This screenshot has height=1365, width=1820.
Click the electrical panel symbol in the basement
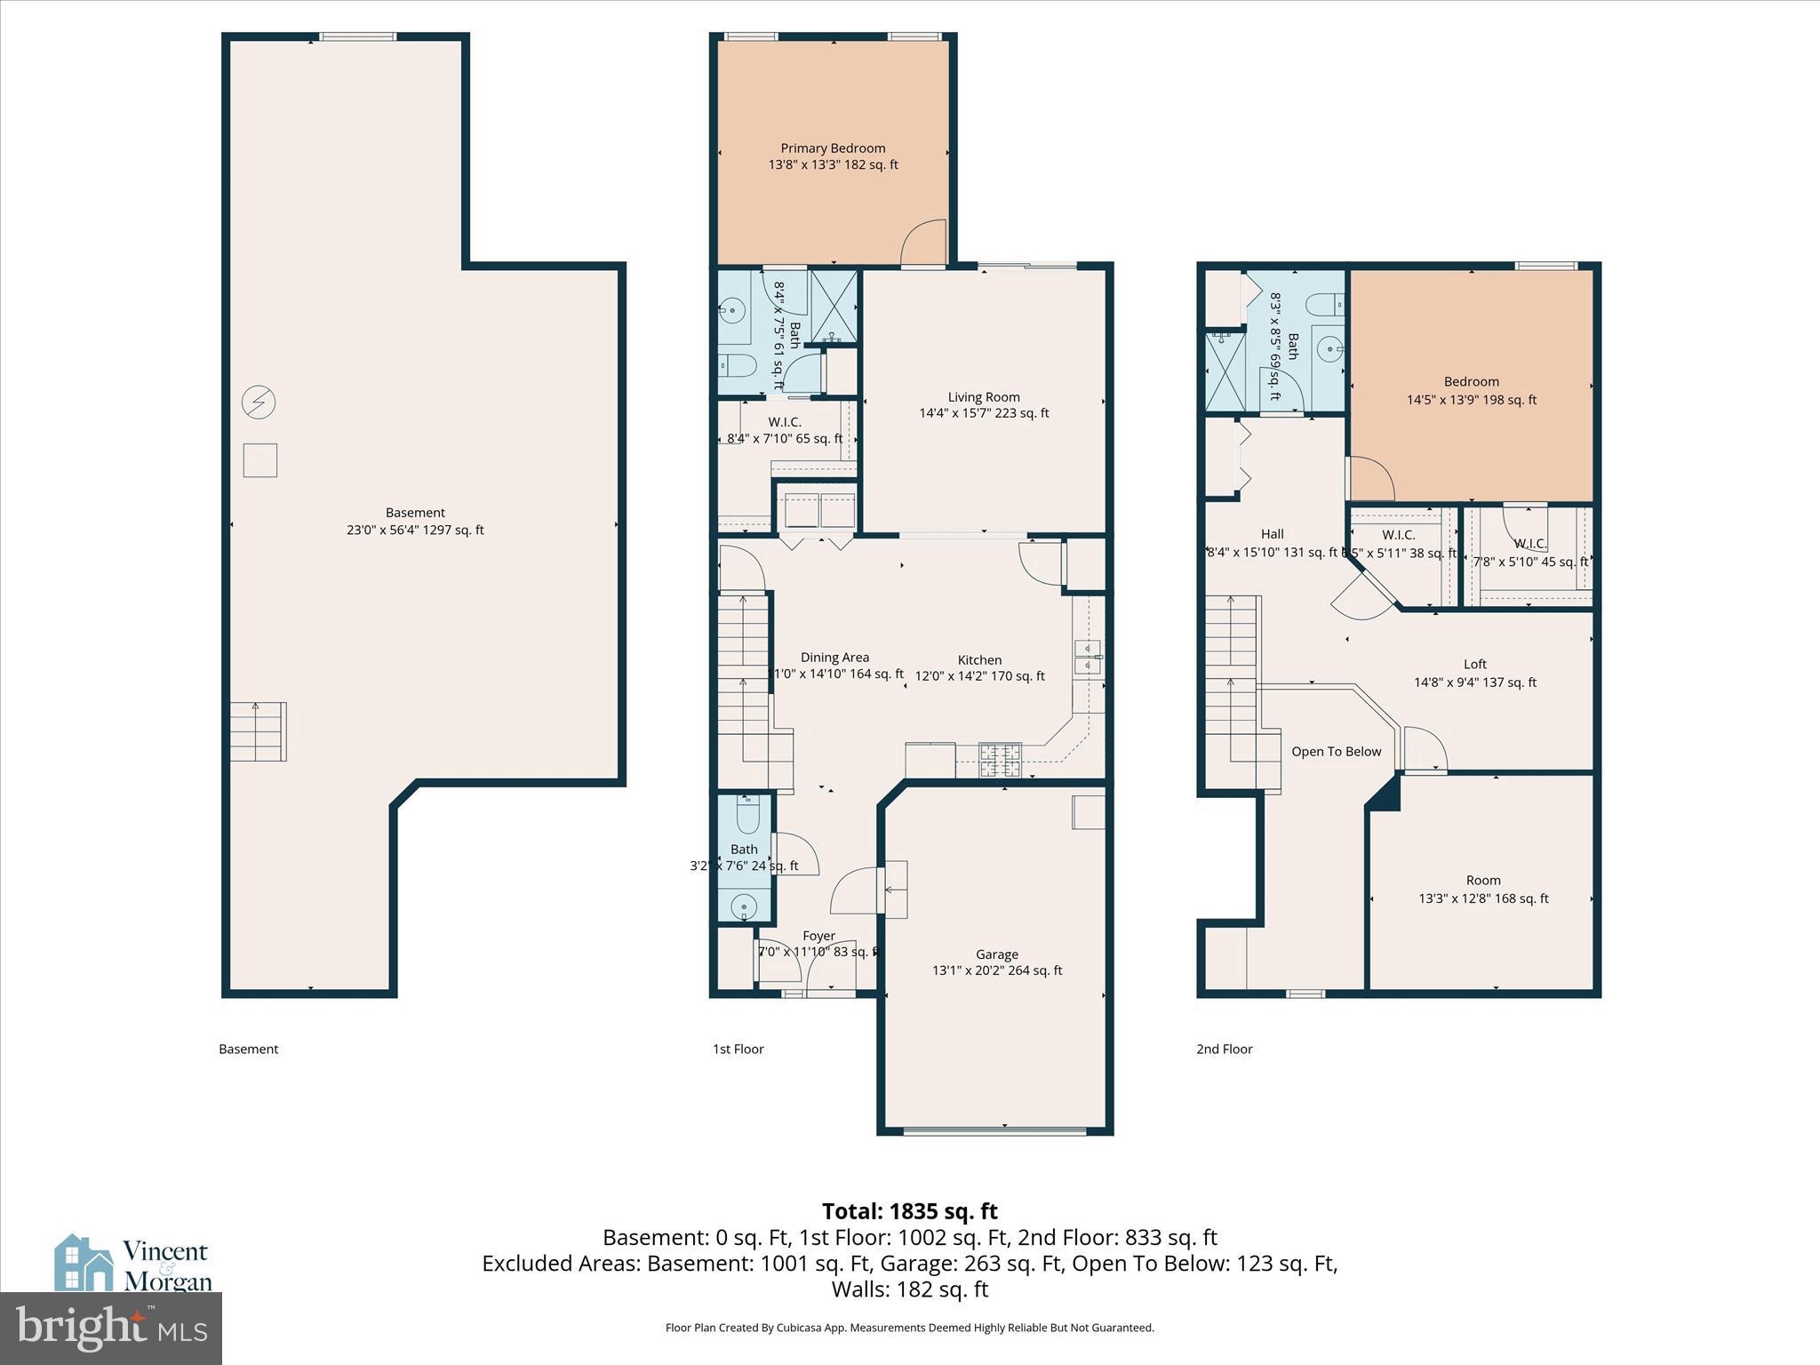[x=259, y=403]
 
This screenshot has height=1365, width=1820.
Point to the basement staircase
[x=259, y=731]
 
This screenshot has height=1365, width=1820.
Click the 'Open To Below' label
[x=1336, y=752]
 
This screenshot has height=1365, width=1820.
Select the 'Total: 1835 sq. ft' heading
[x=909, y=1211]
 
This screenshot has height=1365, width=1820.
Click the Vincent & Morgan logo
[x=133, y=1265]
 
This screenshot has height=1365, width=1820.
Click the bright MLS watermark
[x=111, y=1329]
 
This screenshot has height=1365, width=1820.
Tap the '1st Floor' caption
[x=738, y=1050]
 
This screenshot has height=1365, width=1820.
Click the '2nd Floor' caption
[x=1224, y=1050]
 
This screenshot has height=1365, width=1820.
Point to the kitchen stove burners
[x=1001, y=761]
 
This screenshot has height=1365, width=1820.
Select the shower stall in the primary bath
[x=834, y=307]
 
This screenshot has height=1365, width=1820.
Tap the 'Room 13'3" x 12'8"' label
[x=1483, y=890]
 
